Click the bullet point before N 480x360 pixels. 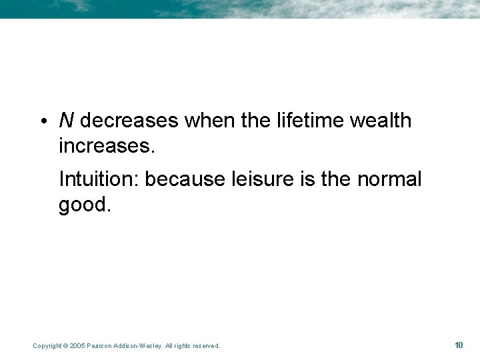[x=43, y=121]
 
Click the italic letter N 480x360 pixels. [x=66, y=121]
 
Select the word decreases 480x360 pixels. [x=129, y=121]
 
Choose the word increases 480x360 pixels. [x=107, y=145]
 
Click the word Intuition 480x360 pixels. [x=99, y=179]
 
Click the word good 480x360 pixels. [x=84, y=204]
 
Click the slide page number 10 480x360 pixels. [x=459, y=345]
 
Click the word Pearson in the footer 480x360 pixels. [x=97, y=346]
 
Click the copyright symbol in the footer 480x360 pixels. [x=65, y=346]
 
